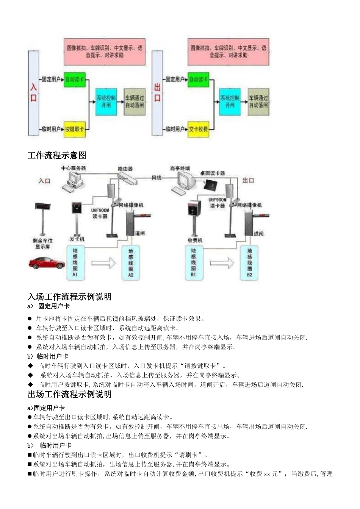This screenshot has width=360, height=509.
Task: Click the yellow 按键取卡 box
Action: [x=75, y=129]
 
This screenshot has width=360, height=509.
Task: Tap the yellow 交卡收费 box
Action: [x=198, y=129]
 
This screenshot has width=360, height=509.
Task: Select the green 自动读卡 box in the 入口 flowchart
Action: [x=74, y=80]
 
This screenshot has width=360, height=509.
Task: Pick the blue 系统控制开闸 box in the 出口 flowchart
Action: [x=230, y=101]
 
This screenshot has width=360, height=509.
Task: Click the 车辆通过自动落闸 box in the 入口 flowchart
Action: [x=135, y=101]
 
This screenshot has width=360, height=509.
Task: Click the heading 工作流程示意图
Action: [x=57, y=155]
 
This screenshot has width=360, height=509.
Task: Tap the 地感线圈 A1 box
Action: [x=75, y=262]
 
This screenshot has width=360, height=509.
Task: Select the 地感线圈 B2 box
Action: [x=250, y=262]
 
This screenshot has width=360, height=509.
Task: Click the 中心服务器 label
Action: [x=74, y=168]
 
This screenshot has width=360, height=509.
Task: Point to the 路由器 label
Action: [x=125, y=169]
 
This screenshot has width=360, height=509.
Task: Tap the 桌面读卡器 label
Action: [x=212, y=173]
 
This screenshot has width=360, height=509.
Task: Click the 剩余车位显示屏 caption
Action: [x=43, y=244]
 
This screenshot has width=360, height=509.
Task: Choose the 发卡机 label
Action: [x=77, y=239]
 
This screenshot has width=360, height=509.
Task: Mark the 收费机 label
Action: [x=195, y=240]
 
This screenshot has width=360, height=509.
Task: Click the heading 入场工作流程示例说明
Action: [x=70, y=297]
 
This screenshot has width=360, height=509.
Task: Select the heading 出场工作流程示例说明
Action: [x=70, y=394]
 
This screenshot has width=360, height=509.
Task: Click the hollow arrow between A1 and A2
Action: [x=103, y=262]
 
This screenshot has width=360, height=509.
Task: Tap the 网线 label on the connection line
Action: [x=157, y=177]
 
